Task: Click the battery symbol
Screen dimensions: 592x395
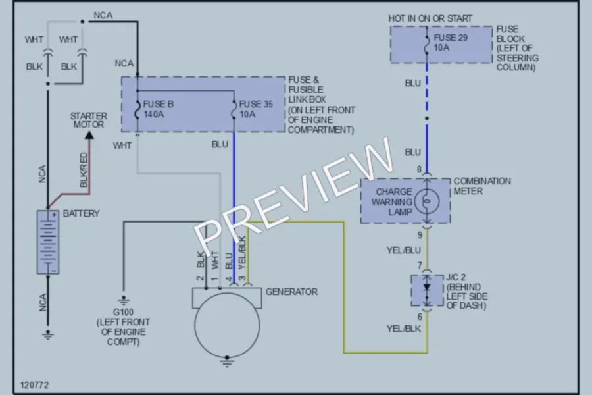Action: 48,242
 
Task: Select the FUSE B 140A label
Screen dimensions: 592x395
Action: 158,109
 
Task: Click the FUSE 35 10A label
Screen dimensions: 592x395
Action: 256,109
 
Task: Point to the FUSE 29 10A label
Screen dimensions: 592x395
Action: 450,42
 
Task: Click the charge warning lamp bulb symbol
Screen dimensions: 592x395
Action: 427,201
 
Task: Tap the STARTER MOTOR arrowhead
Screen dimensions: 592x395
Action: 89,135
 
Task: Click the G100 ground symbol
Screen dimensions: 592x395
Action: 124,301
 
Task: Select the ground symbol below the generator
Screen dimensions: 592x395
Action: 227,363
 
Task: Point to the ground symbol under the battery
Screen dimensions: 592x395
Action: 48,335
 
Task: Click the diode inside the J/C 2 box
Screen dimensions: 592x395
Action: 427,288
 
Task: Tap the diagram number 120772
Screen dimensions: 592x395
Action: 34,385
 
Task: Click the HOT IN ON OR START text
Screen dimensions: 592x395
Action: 430,18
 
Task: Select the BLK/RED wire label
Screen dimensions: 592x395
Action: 84,170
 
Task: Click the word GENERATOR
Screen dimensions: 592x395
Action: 291,292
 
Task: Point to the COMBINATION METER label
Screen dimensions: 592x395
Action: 482,186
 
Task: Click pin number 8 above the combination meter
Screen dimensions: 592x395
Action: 419,169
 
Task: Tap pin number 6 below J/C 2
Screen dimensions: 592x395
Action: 420,317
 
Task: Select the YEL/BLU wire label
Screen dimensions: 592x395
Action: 404,250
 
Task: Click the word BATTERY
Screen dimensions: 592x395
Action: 81,213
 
